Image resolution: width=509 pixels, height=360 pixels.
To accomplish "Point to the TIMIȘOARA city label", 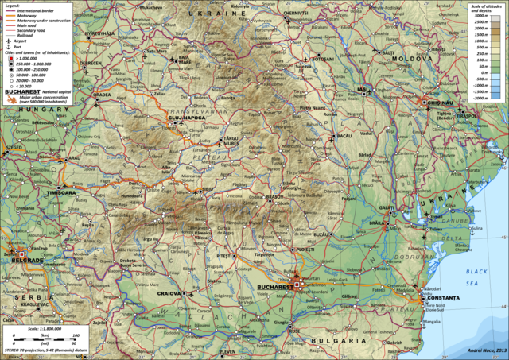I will (61, 193).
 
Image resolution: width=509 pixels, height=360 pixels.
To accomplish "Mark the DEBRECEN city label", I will (89, 63).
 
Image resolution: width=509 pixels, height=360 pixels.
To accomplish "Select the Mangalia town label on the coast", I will (431, 322).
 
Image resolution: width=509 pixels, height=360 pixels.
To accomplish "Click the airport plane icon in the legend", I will (8, 38).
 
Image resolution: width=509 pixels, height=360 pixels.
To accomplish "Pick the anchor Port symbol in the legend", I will (8, 45).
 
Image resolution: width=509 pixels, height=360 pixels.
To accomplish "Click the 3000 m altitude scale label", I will (479, 15).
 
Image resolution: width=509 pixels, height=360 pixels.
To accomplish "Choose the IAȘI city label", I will (364, 89).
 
